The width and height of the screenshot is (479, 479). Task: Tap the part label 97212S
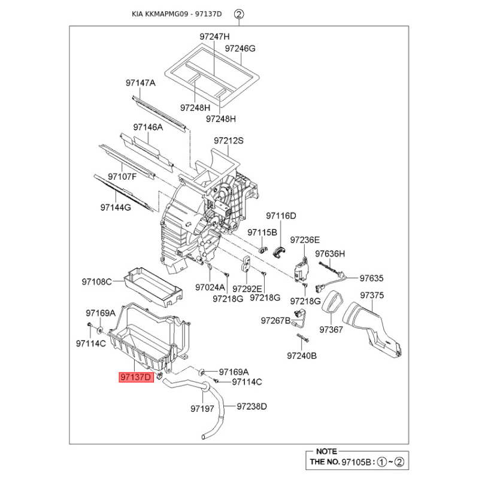point(229,141)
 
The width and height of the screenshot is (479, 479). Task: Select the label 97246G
point(240,48)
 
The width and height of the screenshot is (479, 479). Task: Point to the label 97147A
point(140,83)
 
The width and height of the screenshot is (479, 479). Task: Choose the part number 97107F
point(122,177)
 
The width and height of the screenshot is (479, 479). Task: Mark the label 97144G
point(115,208)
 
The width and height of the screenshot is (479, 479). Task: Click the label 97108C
point(97,281)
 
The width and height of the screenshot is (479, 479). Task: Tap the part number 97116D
point(281,216)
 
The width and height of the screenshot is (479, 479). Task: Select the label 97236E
point(305,239)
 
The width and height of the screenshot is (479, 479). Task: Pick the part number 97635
point(371,278)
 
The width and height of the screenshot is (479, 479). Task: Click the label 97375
point(372,295)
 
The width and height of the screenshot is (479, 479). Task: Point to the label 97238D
point(251,407)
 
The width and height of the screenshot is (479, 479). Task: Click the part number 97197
point(202,409)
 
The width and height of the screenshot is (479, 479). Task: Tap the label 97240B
point(301,355)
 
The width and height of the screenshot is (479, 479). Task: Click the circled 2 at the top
point(239,14)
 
